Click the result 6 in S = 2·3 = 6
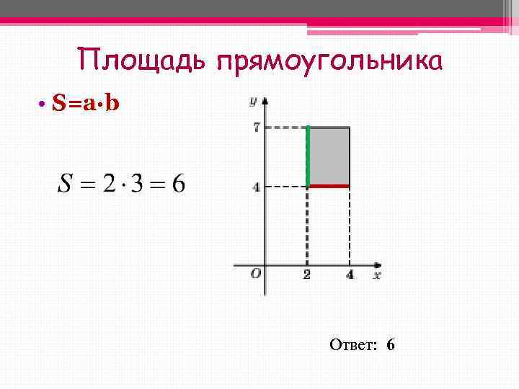[x=178, y=184]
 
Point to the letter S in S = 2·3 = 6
[x=63, y=184]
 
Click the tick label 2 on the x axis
[x=307, y=275]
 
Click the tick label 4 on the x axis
[x=350, y=275]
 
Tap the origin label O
[x=255, y=274]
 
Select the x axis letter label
[x=376, y=275]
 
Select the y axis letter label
[x=253, y=101]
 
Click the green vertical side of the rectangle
[x=308, y=156]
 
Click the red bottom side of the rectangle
[x=329, y=187]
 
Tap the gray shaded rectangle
[x=330, y=156]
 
